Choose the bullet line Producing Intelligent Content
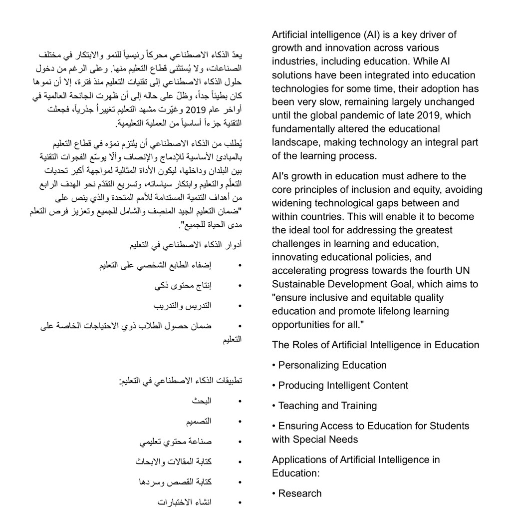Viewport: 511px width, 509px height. [x=343, y=386]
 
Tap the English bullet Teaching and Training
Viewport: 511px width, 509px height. [x=327, y=406]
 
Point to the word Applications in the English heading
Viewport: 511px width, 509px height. [x=297, y=460]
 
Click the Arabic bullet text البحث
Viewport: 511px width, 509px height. [x=202, y=401]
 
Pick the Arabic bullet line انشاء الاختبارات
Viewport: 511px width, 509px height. [x=185, y=502]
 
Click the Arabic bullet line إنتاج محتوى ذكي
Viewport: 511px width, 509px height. [x=183, y=285]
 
